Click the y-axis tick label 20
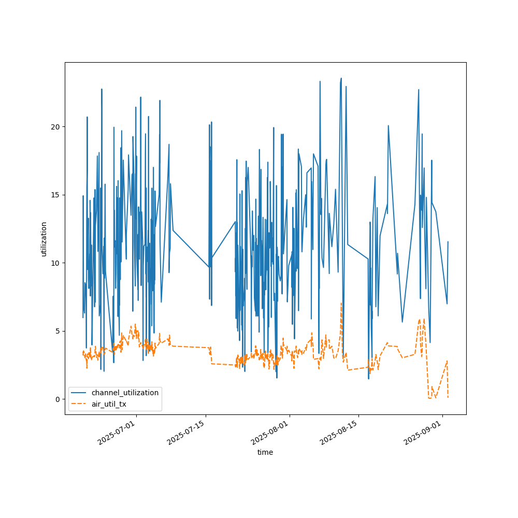point(54,127)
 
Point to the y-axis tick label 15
point(54,195)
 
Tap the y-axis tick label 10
point(54,263)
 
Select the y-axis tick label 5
point(56,331)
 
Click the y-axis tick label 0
point(56,399)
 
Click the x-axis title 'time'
point(265,452)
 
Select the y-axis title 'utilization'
point(44,239)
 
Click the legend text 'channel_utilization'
point(125,393)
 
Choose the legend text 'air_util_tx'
point(109,404)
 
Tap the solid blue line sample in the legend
point(80,393)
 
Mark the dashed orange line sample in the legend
point(80,404)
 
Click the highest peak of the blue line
point(341,78)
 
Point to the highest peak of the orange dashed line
point(341,303)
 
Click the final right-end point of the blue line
point(448,241)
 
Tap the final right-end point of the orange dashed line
point(448,397)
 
